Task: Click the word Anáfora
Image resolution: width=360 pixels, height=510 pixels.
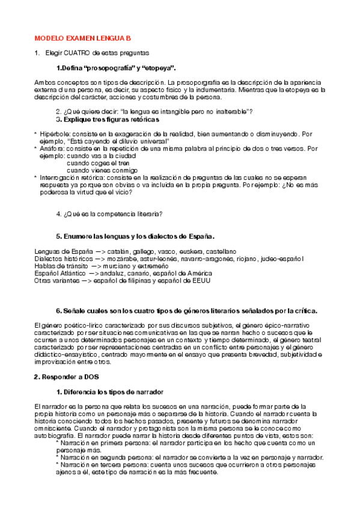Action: [x=53, y=149]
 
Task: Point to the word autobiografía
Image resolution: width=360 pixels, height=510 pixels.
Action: [x=55, y=436]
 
